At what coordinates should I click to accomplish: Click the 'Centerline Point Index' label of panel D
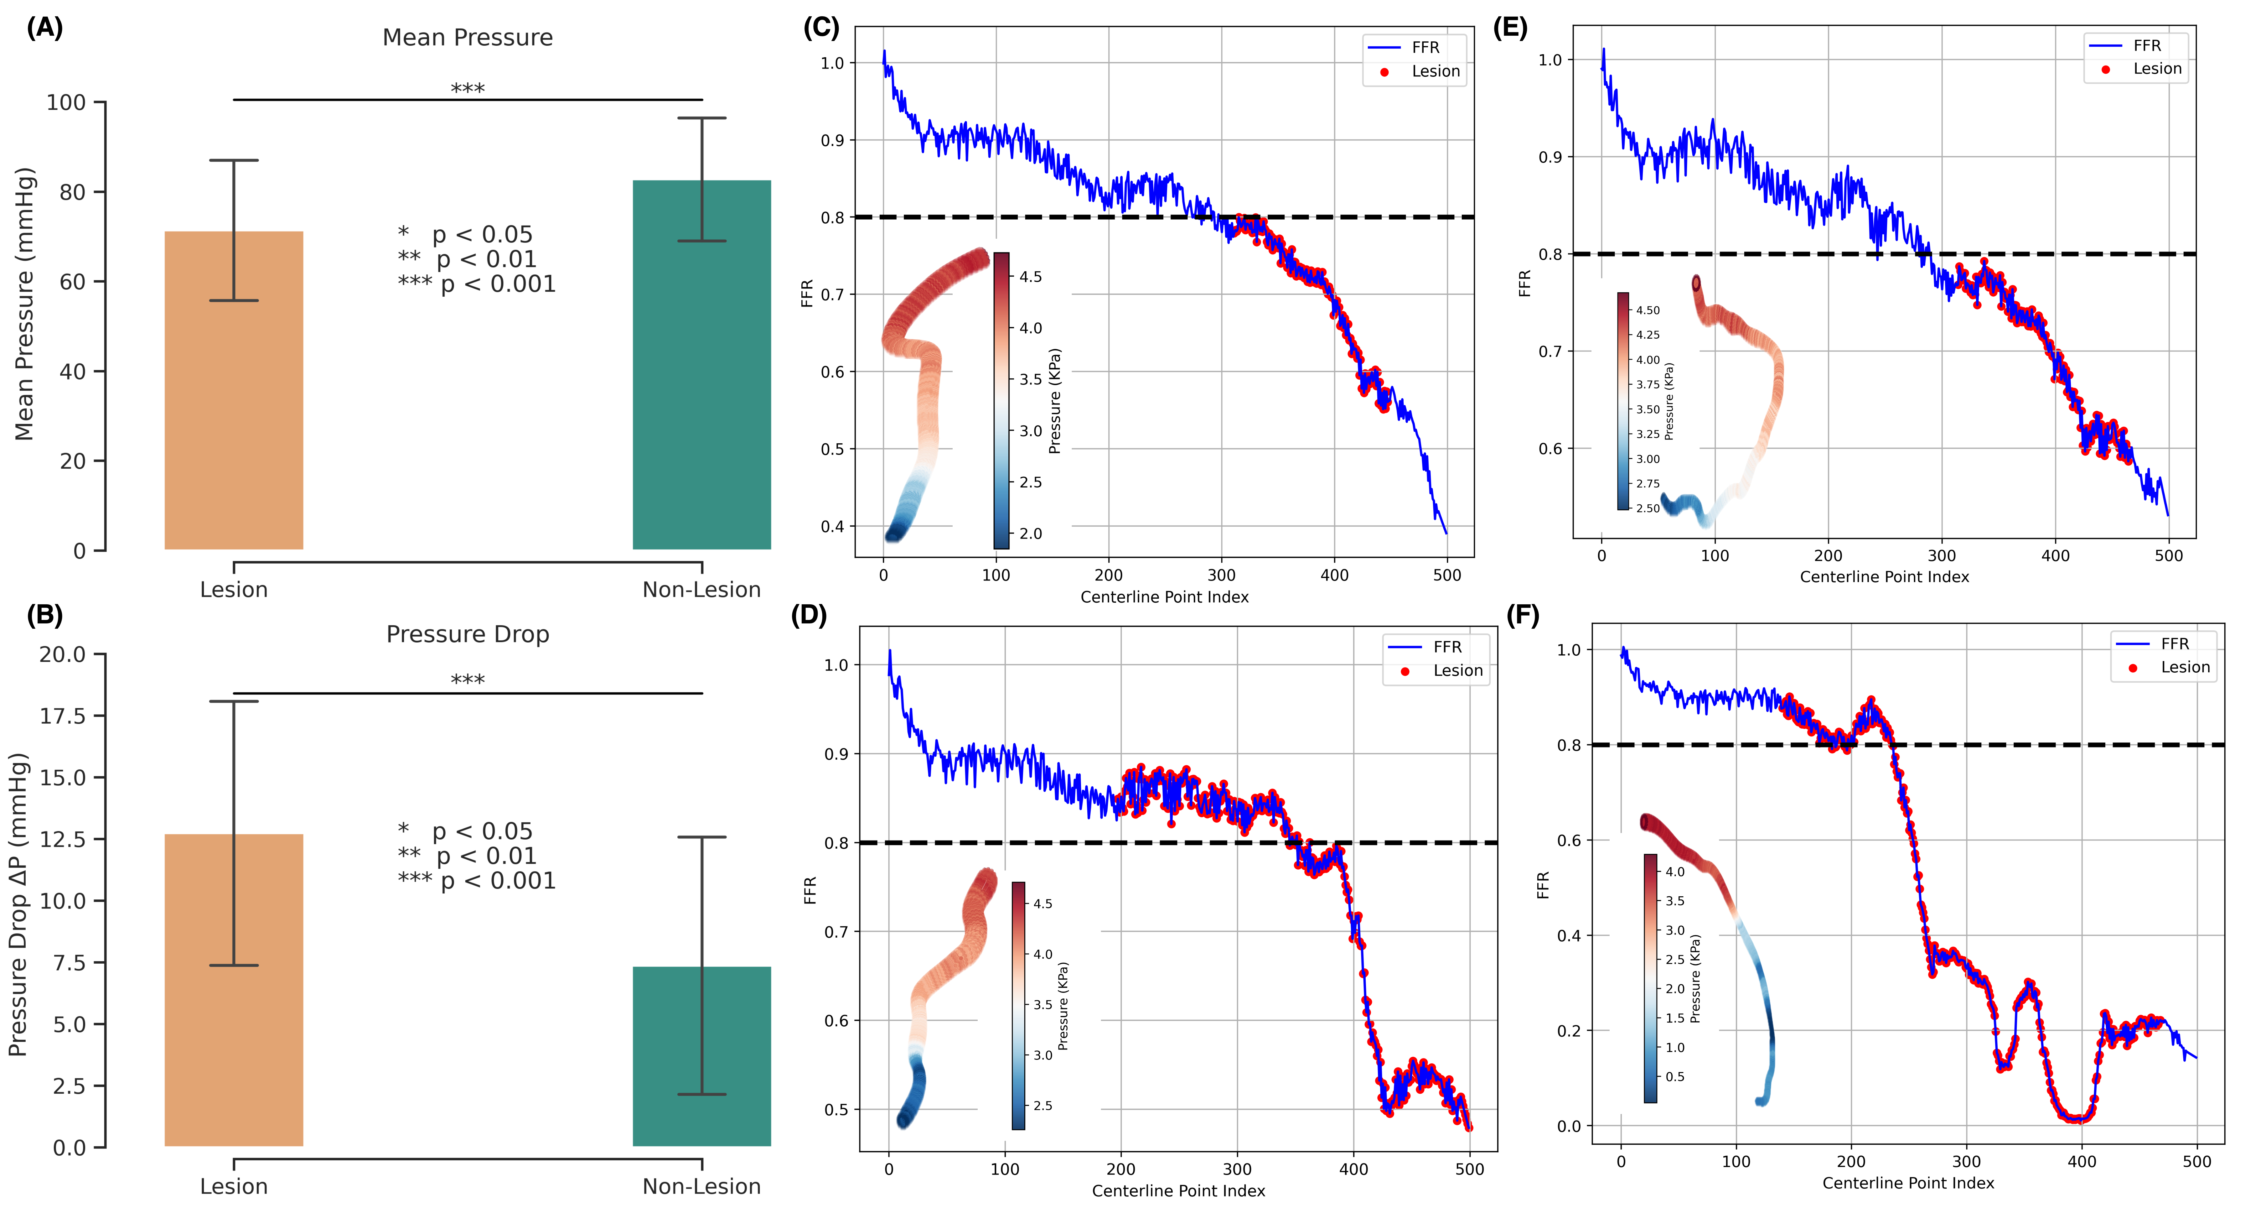[x=1178, y=1190]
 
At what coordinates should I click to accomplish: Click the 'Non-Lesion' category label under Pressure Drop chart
[x=701, y=1186]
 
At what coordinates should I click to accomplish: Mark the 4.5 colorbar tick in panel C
[x=1030, y=277]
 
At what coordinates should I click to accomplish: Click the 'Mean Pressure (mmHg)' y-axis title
[x=24, y=303]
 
